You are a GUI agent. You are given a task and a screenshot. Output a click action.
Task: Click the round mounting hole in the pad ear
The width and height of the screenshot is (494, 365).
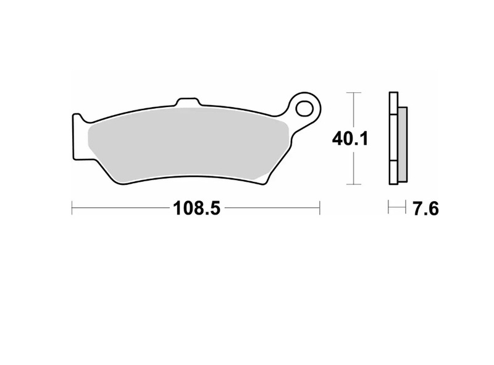pos(304,109)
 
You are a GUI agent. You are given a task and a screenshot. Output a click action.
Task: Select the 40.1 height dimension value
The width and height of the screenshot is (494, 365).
pos(350,139)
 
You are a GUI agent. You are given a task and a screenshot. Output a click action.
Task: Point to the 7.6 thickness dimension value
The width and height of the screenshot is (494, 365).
pos(425,209)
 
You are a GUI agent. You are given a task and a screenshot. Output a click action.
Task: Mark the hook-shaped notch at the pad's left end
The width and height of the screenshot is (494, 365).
pos(78,118)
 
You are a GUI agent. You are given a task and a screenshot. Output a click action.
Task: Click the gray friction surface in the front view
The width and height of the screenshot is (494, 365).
pos(185,145)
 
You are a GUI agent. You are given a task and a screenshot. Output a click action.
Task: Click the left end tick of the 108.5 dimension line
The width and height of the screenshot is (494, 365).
pos(72,208)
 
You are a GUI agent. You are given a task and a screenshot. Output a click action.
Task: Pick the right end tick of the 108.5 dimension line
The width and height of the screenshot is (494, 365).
pos(319,208)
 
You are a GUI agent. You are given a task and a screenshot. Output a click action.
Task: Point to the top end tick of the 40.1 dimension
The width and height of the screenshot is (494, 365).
pos(353,93)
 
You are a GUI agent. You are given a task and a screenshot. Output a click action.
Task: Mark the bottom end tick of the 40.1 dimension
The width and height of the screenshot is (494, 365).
pos(353,184)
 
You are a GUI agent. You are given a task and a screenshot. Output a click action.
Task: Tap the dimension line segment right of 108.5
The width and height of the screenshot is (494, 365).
pos(272,208)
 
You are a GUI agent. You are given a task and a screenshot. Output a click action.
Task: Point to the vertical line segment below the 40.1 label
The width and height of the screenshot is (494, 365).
pos(353,167)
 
